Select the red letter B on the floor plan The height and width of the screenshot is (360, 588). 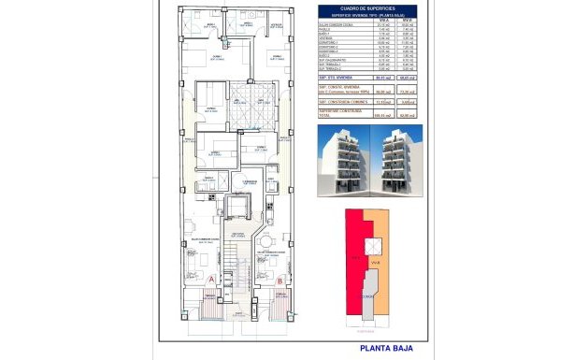(281, 278)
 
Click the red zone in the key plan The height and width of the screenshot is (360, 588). (355, 266)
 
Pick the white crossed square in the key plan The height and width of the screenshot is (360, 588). (375, 245)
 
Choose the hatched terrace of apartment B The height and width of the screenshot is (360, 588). (281, 301)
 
